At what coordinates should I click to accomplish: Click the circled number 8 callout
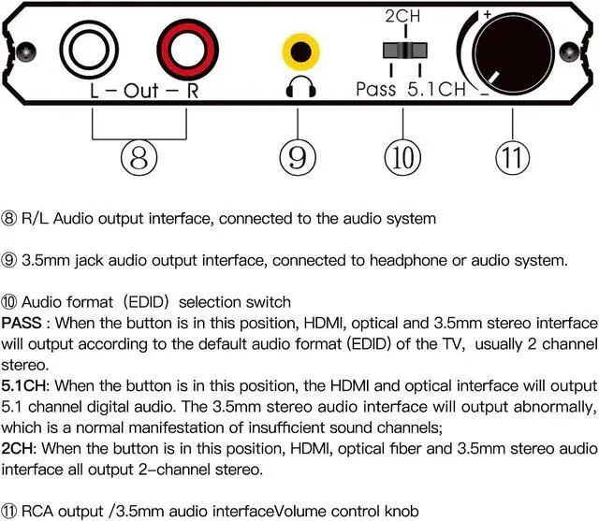click(x=139, y=157)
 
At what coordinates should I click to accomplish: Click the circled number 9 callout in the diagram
click(x=299, y=157)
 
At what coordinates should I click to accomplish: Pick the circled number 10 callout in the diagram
click(x=402, y=157)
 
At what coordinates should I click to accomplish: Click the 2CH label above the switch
click(x=403, y=17)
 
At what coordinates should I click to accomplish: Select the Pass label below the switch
click(x=375, y=90)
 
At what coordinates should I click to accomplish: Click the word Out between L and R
click(x=140, y=92)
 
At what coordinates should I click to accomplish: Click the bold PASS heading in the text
click(x=22, y=323)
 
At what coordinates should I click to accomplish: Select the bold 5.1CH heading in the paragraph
click(x=25, y=386)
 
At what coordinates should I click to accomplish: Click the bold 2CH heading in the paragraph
click(x=18, y=450)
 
